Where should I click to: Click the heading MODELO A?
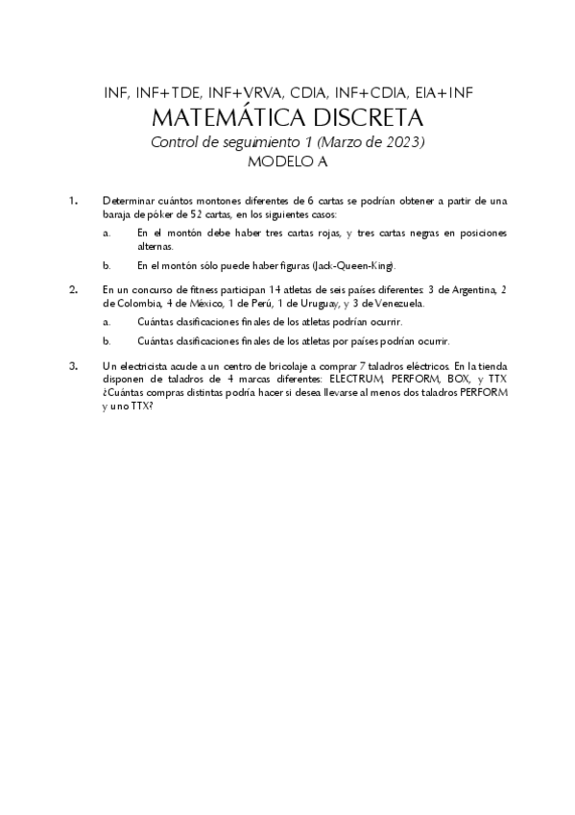click(288, 162)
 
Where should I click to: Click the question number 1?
click(73, 201)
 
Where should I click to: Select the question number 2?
click(73, 288)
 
